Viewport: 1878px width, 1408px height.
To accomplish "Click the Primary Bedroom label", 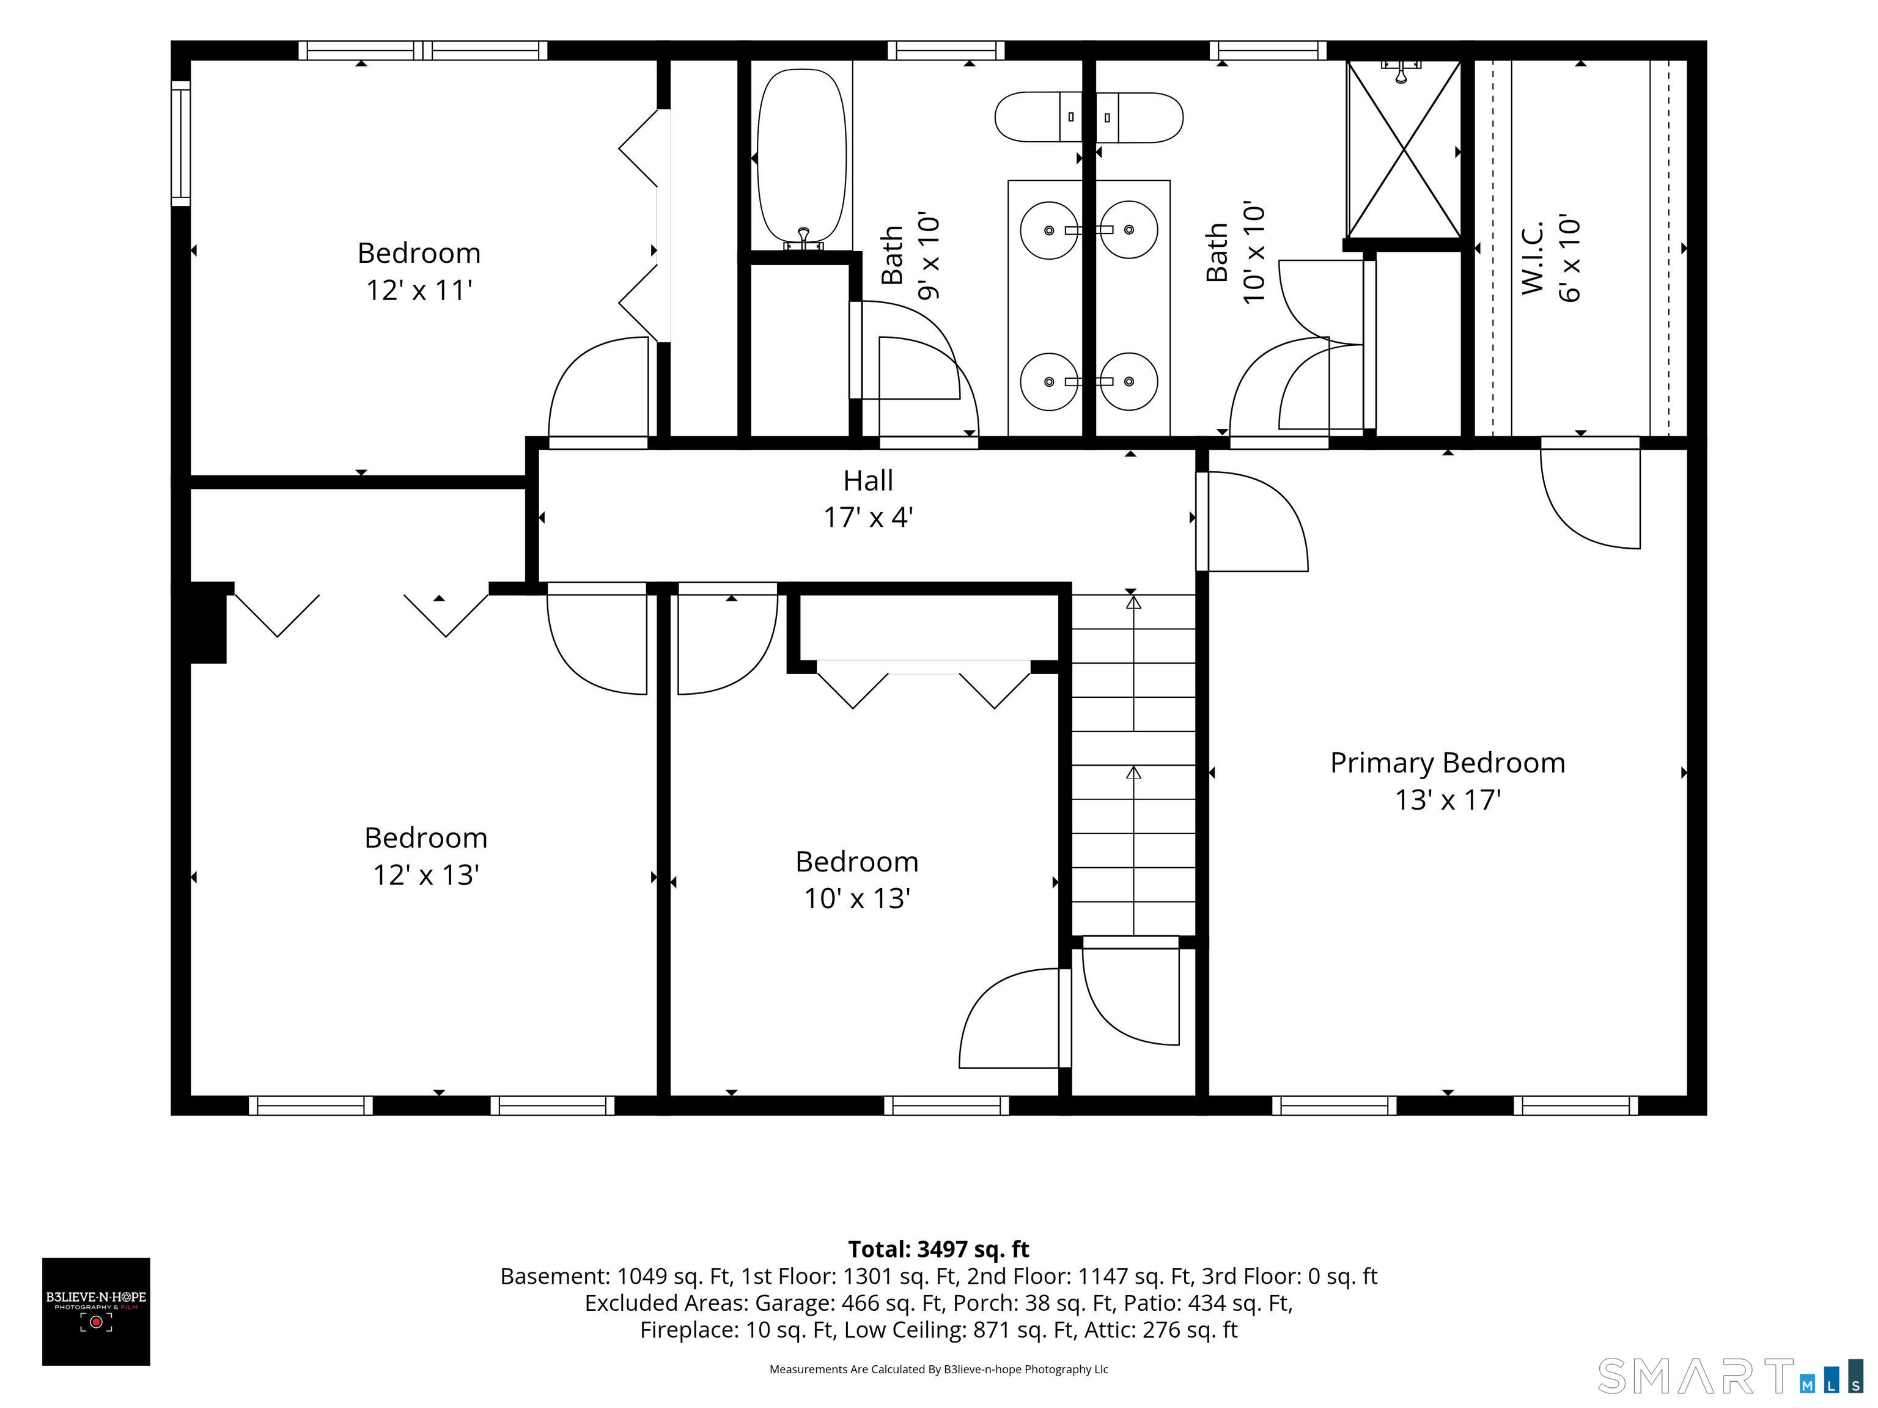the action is tap(1448, 763).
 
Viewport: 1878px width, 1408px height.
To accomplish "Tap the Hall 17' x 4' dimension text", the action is tap(867, 517).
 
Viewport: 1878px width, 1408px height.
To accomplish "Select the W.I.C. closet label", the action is tap(1533, 259).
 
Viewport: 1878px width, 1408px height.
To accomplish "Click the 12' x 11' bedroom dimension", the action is tap(419, 290).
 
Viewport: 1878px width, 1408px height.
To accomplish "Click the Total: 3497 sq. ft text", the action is tap(938, 1249).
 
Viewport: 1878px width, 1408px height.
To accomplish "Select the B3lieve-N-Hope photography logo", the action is tap(96, 1311).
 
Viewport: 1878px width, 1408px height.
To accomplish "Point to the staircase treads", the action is tap(1133, 764).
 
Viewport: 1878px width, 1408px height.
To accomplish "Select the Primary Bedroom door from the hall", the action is tap(1252, 521).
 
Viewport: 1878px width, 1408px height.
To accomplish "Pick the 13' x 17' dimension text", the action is tap(1448, 799).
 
